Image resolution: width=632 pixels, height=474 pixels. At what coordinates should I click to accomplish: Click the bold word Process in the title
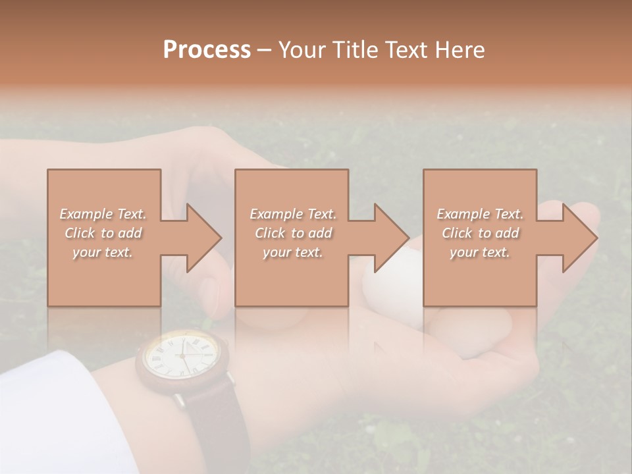point(207,50)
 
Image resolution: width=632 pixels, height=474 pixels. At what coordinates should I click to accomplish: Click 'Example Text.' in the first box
point(103,214)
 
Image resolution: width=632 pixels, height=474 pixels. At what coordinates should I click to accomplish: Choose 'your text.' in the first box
point(103,252)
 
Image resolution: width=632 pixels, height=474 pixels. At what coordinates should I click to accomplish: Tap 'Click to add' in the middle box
point(293,233)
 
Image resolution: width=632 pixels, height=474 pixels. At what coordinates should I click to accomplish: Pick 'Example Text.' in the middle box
point(293,214)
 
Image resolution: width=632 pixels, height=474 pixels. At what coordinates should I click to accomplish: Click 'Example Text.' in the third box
point(480,214)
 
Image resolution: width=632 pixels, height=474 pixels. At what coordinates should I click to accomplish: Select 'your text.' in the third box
point(480,252)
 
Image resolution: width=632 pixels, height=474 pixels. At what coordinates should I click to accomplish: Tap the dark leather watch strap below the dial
point(214,421)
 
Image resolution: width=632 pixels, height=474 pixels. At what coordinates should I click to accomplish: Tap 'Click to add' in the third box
point(480,233)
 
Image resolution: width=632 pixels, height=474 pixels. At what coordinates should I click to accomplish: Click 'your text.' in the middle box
point(293,252)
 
